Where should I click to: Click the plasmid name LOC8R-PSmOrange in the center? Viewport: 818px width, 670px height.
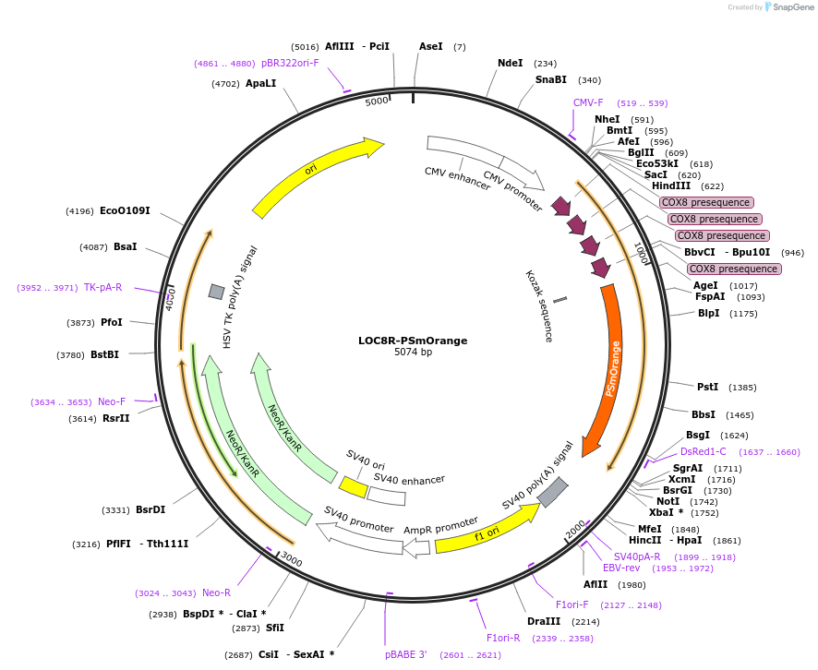(x=413, y=341)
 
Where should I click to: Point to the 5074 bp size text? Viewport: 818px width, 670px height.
(x=413, y=353)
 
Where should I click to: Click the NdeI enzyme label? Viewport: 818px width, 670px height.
(x=510, y=64)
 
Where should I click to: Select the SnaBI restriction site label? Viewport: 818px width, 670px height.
(x=551, y=80)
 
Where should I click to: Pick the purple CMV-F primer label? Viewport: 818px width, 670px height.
(x=588, y=103)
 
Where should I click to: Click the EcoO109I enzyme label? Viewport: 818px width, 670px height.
(x=125, y=211)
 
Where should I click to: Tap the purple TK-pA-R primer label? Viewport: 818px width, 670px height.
(x=102, y=287)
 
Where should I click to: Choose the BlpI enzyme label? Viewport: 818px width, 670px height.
(x=708, y=314)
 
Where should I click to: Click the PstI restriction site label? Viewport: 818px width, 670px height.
(x=707, y=387)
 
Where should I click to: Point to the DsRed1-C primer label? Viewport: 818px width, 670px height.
(x=704, y=452)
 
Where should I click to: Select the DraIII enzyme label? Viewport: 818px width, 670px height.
(x=544, y=621)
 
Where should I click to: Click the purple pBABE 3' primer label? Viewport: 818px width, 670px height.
(x=406, y=654)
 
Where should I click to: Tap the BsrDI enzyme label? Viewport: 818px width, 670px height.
(x=150, y=509)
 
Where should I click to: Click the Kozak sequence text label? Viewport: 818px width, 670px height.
(x=538, y=305)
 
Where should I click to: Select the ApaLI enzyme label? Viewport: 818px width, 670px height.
(x=260, y=83)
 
